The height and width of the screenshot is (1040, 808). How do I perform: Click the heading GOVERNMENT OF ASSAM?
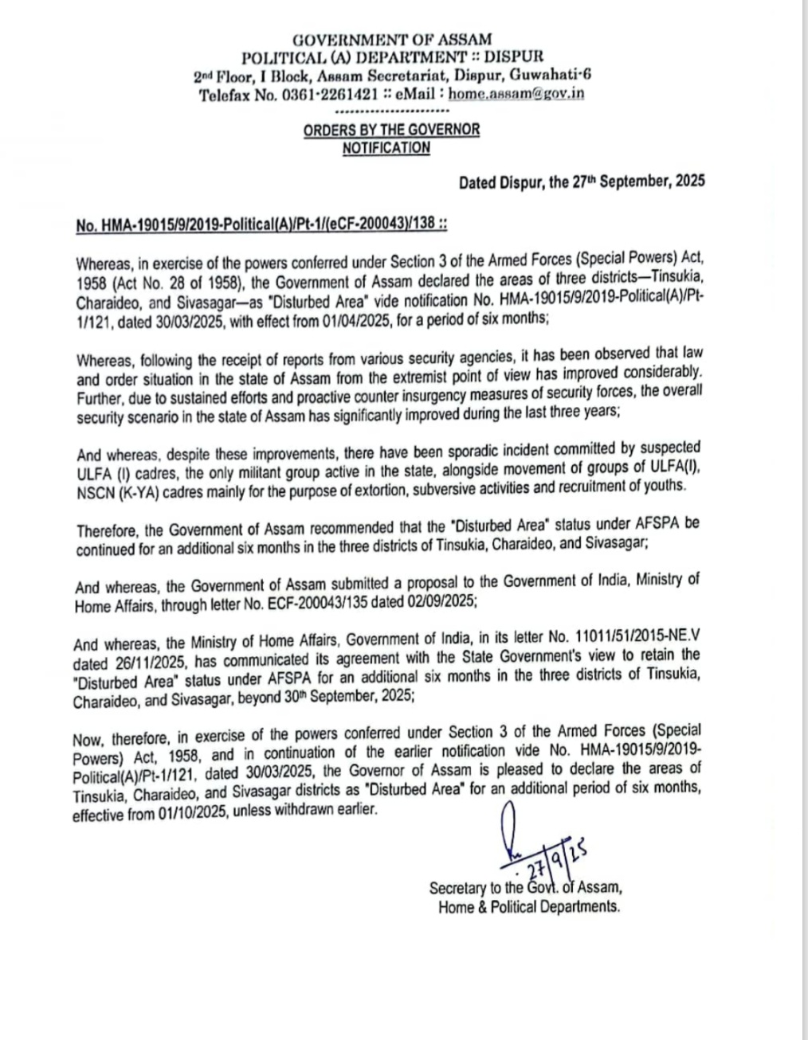click(391, 38)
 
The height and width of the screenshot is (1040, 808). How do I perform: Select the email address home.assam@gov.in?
click(516, 93)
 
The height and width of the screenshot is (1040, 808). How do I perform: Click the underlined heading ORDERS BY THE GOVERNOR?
click(391, 130)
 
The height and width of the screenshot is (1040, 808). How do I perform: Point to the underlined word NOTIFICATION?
click(386, 147)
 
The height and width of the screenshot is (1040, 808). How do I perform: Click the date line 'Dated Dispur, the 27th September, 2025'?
click(581, 182)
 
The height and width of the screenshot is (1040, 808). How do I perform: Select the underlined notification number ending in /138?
click(261, 225)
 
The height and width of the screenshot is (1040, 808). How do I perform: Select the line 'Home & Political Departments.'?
click(528, 906)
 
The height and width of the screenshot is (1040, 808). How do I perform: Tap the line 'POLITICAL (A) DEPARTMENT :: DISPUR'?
click(392, 57)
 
